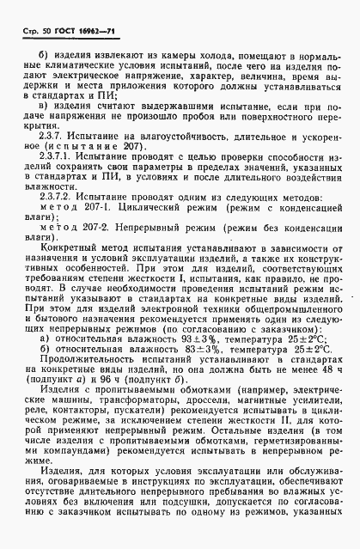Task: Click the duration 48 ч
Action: pyautogui.click(x=325, y=376)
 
